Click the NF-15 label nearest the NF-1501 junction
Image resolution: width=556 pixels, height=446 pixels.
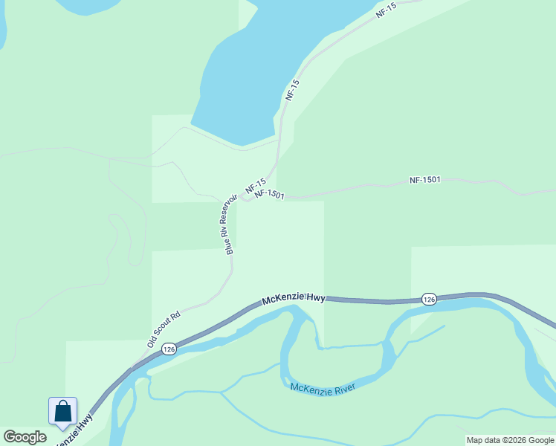tap(256, 184)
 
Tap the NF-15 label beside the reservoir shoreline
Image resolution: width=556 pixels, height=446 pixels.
tap(292, 90)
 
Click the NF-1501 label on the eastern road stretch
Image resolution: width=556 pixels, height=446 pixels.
tap(425, 180)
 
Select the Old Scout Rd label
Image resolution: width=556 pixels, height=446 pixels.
tap(164, 329)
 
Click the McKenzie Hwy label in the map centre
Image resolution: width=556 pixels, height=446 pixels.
tap(294, 299)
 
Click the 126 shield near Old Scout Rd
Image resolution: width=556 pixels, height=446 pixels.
tap(169, 349)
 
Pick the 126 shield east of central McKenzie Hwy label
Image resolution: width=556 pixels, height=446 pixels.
tap(428, 299)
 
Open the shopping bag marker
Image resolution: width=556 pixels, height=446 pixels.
tap(62, 411)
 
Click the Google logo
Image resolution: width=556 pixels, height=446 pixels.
tap(25, 437)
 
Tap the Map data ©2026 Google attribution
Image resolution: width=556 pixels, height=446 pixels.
tap(511, 440)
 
